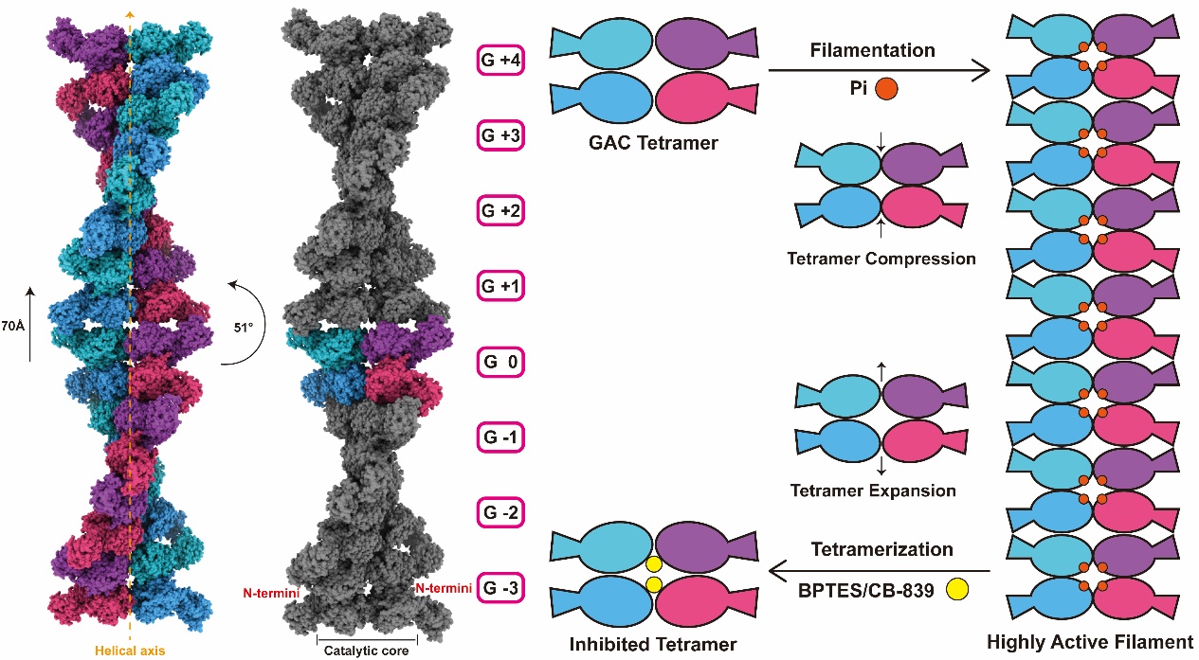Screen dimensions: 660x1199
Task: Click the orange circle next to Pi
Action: click(886, 90)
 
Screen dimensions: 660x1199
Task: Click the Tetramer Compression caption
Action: click(881, 258)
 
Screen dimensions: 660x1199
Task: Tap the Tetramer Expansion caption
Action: click(873, 491)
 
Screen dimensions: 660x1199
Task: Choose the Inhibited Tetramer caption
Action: click(653, 645)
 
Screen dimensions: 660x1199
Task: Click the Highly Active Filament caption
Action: click(1089, 642)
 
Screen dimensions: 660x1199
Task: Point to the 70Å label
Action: click(13, 327)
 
